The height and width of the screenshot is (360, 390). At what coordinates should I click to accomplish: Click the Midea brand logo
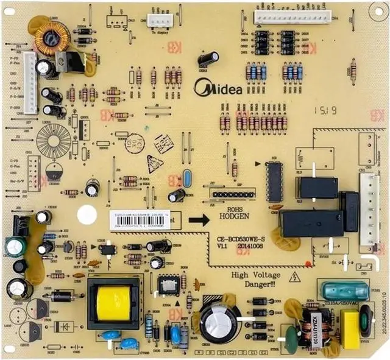pos(218,88)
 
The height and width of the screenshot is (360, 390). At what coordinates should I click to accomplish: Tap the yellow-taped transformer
pos(113,303)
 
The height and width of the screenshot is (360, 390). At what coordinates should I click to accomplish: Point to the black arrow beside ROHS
pos(199,219)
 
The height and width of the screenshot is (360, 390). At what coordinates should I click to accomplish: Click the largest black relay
pos(311,224)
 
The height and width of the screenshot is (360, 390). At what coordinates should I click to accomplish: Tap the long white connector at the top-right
pos(292,16)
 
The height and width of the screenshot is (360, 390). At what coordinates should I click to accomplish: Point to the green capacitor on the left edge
pos(15,246)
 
